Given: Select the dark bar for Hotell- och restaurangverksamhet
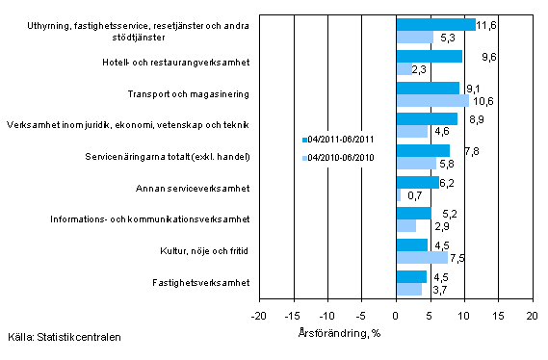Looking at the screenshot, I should pos(429,57).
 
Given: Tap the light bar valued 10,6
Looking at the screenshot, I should pos(431,100).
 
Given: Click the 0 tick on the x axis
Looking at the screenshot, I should pos(396,316).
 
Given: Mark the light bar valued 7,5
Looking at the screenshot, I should pos(421,257).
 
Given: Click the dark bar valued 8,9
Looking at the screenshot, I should pos(426,119).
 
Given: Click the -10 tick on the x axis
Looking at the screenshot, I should pos(327,316).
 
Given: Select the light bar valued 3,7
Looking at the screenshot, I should pos(408,289).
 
